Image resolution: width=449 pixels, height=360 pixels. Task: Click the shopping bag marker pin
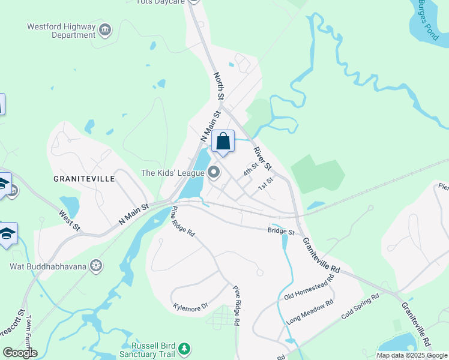pos(223,142)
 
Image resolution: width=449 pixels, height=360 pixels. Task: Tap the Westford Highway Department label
pos(61,31)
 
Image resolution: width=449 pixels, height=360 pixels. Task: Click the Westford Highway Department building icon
pos(106,30)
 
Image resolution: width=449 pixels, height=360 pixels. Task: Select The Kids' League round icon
pos(214,173)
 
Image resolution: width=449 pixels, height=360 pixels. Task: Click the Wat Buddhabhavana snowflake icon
pos(95,265)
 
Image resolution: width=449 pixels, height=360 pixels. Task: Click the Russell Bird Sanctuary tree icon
pos(185,348)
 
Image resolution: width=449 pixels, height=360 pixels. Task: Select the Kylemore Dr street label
pos(190,306)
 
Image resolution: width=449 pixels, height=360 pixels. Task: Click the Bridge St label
pos(281,231)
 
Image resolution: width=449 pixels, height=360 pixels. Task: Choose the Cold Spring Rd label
pos(360,306)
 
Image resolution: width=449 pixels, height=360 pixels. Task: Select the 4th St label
pos(250,169)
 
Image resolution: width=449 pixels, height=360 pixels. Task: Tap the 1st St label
pos(265,184)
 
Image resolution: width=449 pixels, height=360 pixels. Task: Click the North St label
pos(219,86)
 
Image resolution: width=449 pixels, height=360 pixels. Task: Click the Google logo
pos(20,353)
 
